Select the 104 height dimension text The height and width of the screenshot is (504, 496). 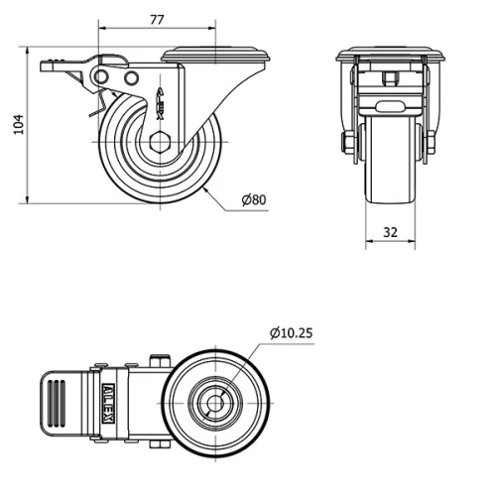[x=16, y=125]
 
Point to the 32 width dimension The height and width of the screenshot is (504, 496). [x=389, y=232]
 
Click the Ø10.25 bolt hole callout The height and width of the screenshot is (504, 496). [x=290, y=333]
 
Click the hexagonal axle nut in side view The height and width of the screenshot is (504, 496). [x=159, y=142]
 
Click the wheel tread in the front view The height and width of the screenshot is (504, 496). [x=389, y=169]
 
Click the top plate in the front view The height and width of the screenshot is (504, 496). [x=389, y=54]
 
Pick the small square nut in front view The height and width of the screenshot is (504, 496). [x=389, y=76]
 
